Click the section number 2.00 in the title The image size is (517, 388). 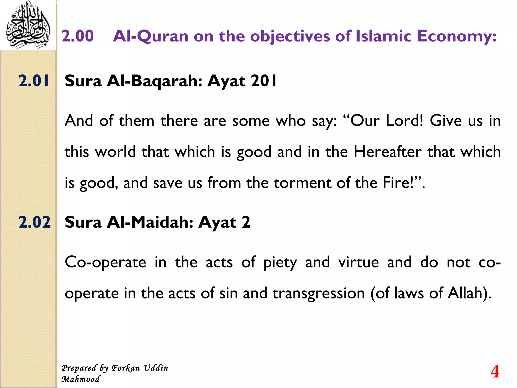pos(77,36)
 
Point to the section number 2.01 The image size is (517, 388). pos(34,81)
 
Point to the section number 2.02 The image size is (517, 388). pos(35,222)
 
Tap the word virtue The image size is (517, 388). pos(358,262)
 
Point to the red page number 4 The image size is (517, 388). pos(495,372)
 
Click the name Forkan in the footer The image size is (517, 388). pos(126,368)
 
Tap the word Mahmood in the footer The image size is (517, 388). pos(81,379)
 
